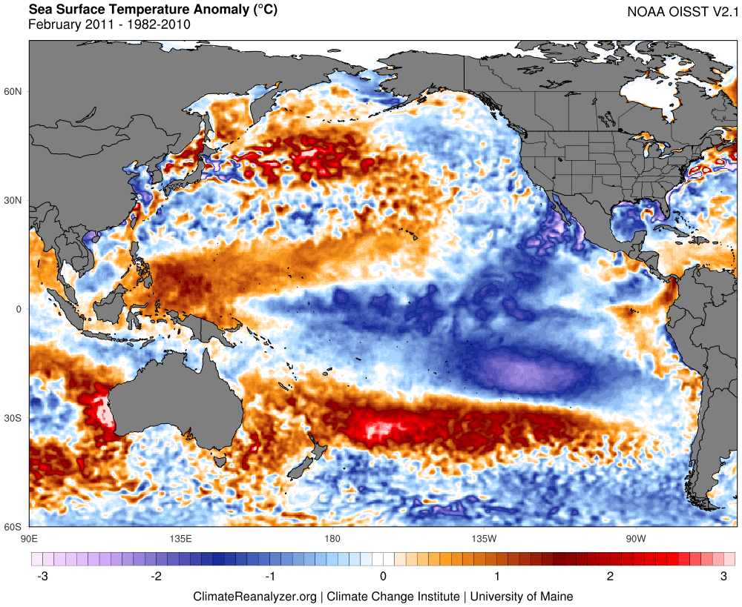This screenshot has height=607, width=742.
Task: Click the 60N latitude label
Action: click(15, 92)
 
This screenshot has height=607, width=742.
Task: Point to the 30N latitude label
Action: click(15, 201)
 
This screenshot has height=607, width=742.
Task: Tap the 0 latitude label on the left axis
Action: click(21, 309)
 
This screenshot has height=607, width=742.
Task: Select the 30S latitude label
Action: click(15, 419)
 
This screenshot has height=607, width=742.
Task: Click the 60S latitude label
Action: click(15, 527)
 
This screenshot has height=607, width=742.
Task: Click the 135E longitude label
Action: click(180, 537)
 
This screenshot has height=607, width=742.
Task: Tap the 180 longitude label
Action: click(332, 537)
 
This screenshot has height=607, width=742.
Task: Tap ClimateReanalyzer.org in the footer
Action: click(255, 596)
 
